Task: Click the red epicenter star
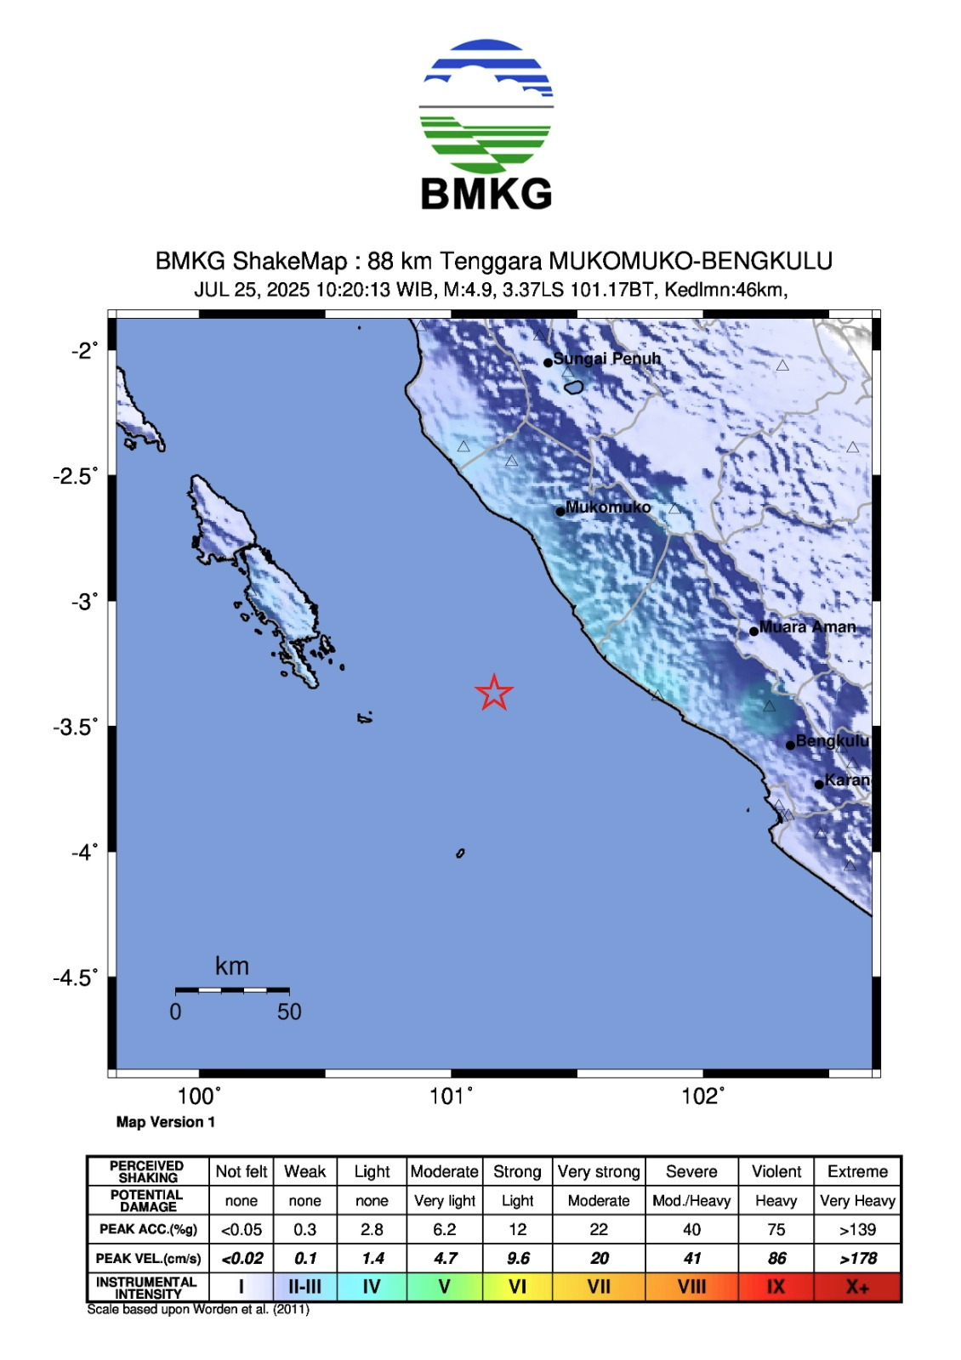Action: point(494,692)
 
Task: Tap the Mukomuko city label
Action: point(607,507)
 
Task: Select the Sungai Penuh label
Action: point(606,359)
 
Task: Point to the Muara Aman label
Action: point(807,627)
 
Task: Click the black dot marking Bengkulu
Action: point(790,745)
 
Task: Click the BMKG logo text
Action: point(486,194)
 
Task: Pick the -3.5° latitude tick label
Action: point(75,727)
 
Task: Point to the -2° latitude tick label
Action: point(84,350)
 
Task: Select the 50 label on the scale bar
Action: point(289,1011)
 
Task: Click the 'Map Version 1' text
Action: point(166,1122)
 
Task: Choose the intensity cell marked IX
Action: point(776,1287)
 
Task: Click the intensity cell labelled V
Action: point(444,1287)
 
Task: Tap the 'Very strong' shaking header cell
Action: point(599,1171)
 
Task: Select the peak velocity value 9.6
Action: point(517,1258)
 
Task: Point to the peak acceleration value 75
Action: point(776,1229)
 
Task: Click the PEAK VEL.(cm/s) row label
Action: point(148,1258)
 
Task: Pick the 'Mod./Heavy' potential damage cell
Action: point(691,1200)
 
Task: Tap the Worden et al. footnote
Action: point(198,1309)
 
